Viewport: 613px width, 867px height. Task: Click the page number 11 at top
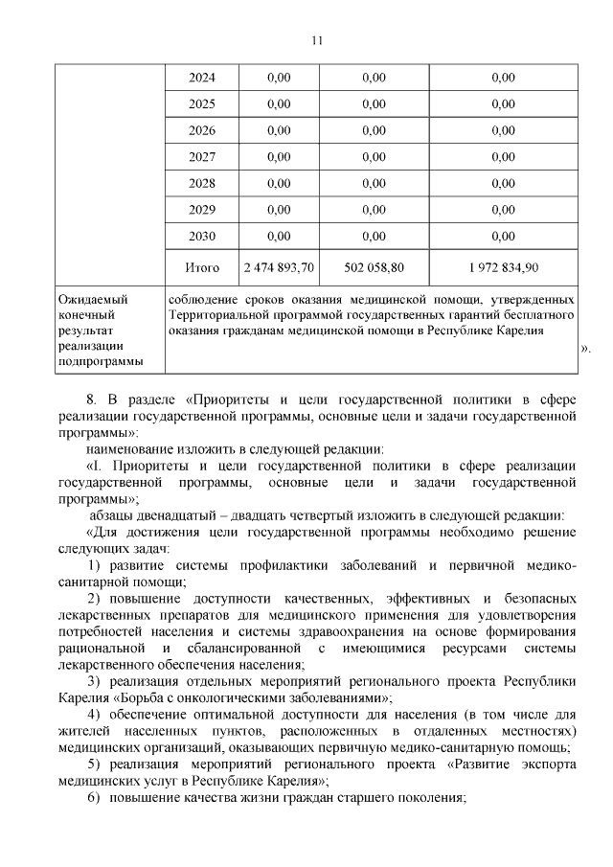318,40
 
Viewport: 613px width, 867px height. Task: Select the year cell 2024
201,78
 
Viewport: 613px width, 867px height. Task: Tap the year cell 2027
201,156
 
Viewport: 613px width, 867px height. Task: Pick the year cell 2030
201,235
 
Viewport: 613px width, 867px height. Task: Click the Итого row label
201,267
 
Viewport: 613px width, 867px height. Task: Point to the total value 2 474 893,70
280,267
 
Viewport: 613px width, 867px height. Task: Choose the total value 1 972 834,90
503,267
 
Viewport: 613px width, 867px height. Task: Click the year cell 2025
201,103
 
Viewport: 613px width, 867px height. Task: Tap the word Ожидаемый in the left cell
94,300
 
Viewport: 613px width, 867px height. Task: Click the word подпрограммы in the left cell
100,361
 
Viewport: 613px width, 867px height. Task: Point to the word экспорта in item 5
548,764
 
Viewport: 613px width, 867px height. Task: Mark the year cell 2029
201,209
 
